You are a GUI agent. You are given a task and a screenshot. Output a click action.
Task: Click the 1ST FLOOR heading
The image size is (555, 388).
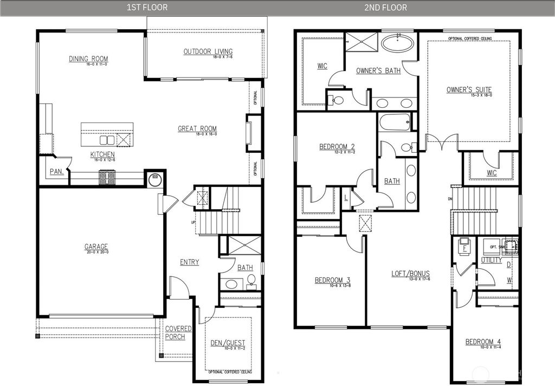click(x=147, y=8)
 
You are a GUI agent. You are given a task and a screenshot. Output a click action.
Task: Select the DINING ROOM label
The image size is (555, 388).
click(x=88, y=59)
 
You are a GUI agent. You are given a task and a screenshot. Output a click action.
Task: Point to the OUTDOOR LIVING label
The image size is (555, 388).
click(x=204, y=51)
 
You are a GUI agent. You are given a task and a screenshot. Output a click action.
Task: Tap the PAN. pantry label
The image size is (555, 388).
click(x=57, y=172)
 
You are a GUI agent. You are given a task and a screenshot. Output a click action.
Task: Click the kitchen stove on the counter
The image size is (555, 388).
click(x=107, y=177)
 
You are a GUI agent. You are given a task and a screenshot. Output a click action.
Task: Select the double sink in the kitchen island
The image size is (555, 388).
click(x=107, y=140)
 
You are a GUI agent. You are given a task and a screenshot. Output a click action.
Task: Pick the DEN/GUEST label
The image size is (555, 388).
click(x=228, y=342)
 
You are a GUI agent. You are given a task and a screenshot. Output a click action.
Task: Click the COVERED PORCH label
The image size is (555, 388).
click(x=178, y=332)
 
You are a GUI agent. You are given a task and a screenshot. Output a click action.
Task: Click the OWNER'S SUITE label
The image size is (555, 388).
click(x=469, y=89)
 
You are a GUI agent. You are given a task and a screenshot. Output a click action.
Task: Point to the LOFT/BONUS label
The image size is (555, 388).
click(x=410, y=274)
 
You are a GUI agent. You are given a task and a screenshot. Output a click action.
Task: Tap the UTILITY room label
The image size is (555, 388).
click(x=491, y=260)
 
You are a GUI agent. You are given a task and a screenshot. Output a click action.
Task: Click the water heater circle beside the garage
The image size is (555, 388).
click(x=155, y=178)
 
